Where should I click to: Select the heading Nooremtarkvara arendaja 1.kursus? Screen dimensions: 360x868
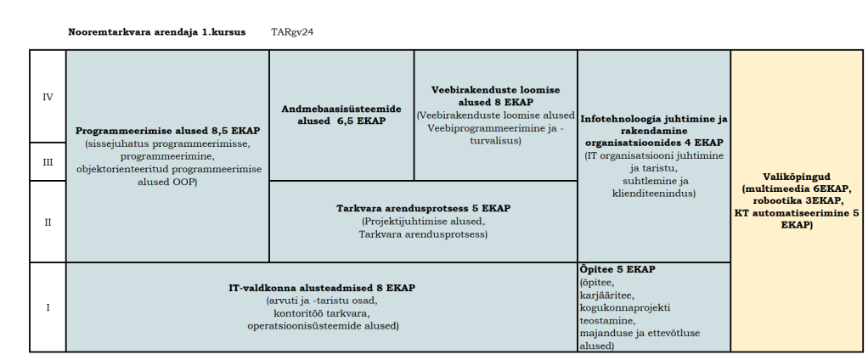(x=156, y=32)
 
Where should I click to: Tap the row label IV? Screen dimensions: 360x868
(x=48, y=97)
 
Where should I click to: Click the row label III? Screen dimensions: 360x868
(x=48, y=162)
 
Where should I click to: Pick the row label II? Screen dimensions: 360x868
(x=48, y=222)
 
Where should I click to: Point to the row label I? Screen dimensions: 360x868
(x=48, y=307)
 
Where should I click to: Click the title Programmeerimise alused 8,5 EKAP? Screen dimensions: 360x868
(x=167, y=132)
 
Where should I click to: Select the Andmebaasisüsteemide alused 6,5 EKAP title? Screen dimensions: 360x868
(x=341, y=115)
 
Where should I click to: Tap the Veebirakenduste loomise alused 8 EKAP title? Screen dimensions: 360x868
(x=496, y=96)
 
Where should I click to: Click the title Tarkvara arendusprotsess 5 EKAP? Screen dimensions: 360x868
(x=423, y=208)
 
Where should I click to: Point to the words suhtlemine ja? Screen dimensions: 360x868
(x=654, y=181)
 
